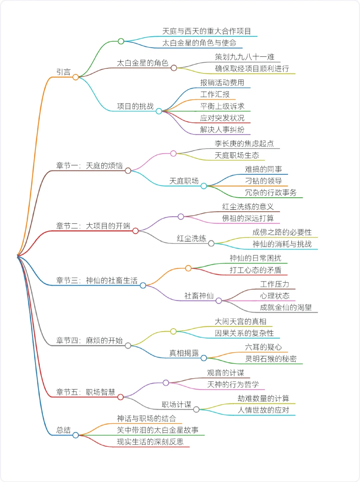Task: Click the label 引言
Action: point(63,72)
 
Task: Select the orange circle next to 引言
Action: point(76,77)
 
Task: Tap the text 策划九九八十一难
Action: point(245,57)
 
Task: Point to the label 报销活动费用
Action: point(222,83)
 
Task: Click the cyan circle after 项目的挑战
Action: point(159,111)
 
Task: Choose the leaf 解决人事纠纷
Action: point(222,130)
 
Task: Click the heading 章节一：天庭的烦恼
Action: point(89,166)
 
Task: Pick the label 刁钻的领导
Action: point(263,181)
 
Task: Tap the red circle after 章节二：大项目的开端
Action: point(135,231)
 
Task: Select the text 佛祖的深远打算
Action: point(248,218)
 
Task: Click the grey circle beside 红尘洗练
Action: point(211,244)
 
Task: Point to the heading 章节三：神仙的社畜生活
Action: point(97,281)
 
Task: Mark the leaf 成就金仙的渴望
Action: point(286,307)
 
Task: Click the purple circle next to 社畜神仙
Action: point(219,301)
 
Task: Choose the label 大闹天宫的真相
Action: point(240,321)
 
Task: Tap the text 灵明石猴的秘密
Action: point(271,359)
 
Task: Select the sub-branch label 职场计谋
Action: point(176,404)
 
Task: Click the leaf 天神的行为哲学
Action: point(233,385)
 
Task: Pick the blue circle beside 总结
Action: point(76,435)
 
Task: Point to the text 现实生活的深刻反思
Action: point(150,442)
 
